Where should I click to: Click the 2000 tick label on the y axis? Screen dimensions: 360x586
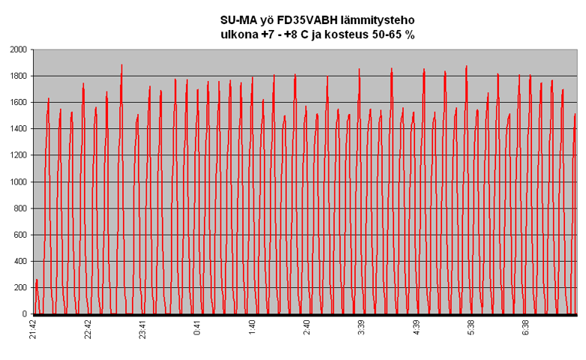point(18,49)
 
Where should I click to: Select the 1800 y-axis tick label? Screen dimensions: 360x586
point(18,76)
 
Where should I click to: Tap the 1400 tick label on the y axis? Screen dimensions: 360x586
point(18,129)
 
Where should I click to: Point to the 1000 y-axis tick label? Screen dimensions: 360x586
point(18,181)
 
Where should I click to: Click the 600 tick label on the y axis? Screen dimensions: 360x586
point(20,235)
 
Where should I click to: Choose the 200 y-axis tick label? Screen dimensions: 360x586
point(20,288)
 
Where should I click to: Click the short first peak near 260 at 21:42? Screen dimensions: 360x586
point(37,281)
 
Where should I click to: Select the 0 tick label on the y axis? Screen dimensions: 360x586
point(25,314)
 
